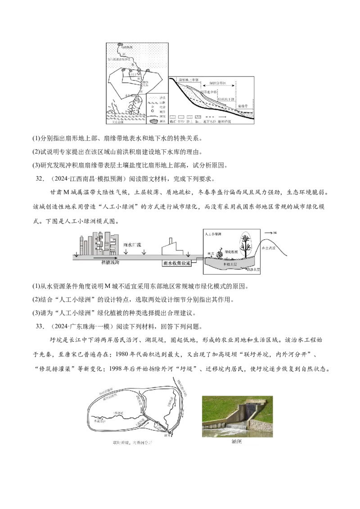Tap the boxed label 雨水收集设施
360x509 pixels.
click(x=176, y=263)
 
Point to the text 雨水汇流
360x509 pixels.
click(x=132, y=245)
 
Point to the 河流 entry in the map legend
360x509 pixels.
click(x=156, y=116)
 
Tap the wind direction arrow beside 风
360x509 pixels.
click(x=269, y=232)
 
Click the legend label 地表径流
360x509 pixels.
click(x=224, y=121)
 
